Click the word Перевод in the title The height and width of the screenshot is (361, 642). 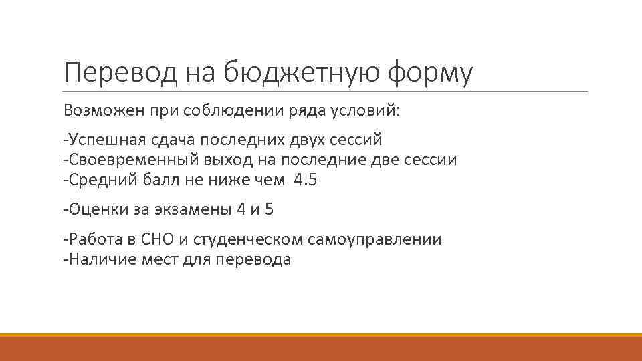(x=117, y=72)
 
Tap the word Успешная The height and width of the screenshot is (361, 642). (x=100, y=140)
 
